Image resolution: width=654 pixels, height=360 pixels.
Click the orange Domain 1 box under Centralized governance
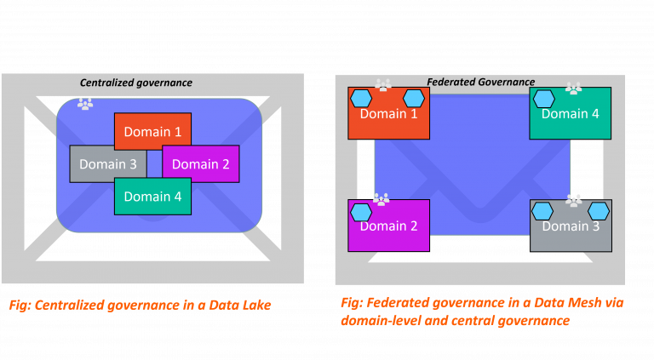point(152,131)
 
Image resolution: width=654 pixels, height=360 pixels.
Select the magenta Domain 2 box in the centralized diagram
point(200,163)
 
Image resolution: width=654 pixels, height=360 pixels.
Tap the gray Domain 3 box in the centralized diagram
point(107,163)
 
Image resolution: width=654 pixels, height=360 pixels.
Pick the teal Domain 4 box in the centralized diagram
point(152,197)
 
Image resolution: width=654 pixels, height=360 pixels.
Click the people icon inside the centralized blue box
point(85,104)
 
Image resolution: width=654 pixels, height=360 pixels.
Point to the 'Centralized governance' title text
point(136,83)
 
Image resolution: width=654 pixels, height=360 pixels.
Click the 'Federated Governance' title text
point(480,82)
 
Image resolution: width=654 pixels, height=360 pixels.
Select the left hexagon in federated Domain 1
point(361,98)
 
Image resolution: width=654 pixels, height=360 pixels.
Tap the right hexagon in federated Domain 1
point(414,98)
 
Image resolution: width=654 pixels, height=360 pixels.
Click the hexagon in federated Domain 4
point(543,98)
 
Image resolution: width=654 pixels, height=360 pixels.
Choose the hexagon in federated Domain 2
point(361,211)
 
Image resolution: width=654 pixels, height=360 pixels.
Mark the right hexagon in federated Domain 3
point(599,211)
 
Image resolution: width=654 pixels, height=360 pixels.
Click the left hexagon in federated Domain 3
point(543,211)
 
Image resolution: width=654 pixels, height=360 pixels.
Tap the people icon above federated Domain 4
point(573,88)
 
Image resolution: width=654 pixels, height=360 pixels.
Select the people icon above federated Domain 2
point(381,199)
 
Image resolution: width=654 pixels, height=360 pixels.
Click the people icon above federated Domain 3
point(573,200)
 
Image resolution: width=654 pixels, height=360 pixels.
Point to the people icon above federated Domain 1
point(383,85)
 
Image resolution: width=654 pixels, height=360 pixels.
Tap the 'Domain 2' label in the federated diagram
point(388,226)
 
